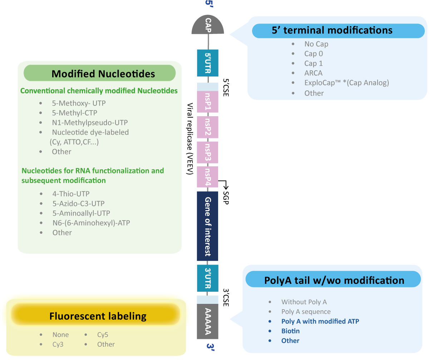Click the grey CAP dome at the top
208,26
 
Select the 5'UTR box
208,63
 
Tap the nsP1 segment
208,102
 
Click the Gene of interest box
207,226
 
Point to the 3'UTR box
208,278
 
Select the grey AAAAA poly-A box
208,321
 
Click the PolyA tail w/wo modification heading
334,280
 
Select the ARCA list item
313,73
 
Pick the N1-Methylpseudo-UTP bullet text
90,123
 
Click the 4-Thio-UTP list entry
71,194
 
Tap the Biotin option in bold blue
290,331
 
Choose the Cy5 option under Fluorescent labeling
103,335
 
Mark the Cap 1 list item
313,64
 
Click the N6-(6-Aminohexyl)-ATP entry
91,223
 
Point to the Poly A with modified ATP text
320,321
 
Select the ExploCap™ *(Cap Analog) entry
346,83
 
